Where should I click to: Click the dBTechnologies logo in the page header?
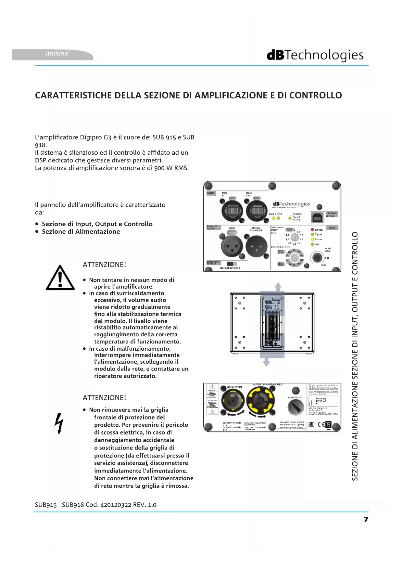315,55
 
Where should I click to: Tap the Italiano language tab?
57,54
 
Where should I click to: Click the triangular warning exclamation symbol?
60,278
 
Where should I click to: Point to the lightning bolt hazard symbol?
59,423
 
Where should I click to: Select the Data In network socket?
232,211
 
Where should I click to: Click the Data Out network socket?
257,211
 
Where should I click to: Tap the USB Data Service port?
318,218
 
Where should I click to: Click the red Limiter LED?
312,230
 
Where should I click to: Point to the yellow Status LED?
312,239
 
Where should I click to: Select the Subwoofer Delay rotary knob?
295,238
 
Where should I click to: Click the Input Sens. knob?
317,258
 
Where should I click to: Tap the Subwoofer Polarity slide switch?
232,264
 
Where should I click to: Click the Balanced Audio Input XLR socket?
232,246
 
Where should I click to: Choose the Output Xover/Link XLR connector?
256,246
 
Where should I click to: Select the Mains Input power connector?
233,401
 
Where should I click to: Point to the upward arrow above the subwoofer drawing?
278,287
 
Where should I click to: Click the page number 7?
366,520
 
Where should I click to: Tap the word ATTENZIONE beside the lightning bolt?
104,398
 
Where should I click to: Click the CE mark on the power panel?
321,424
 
